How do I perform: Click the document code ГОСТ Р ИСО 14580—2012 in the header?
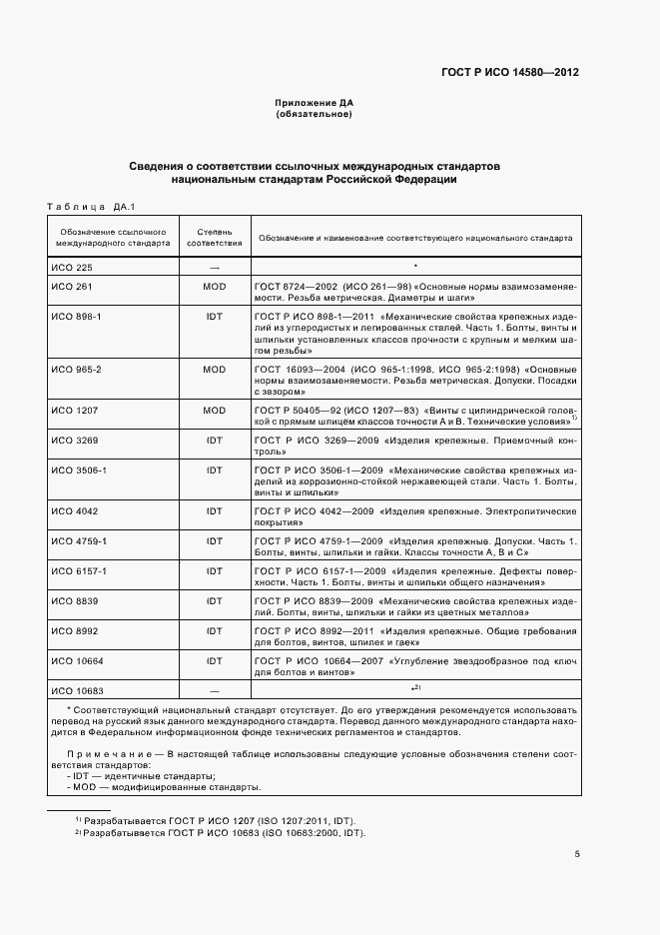pyautogui.click(x=510, y=73)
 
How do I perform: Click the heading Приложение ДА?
pyautogui.click(x=315, y=104)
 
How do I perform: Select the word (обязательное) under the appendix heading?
pyautogui.click(x=314, y=115)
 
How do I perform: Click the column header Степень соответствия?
pyautogui.click(x=214, y=238)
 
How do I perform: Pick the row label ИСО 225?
pyautogui.click(x=71, y=268)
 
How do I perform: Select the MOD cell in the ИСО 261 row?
pyautogui.click(x=214, y=286)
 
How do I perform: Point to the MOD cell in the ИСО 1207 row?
pyautogui.click(x=214, y=410)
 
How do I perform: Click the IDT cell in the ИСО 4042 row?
pyautogui.click(x=214, y=510)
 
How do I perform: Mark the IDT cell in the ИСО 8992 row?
pyautogui.click(x=214, y=631)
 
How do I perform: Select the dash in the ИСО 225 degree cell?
pyautogui.click(x=214, y=268)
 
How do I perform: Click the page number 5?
pyautogui.click(x=576, y=853)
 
